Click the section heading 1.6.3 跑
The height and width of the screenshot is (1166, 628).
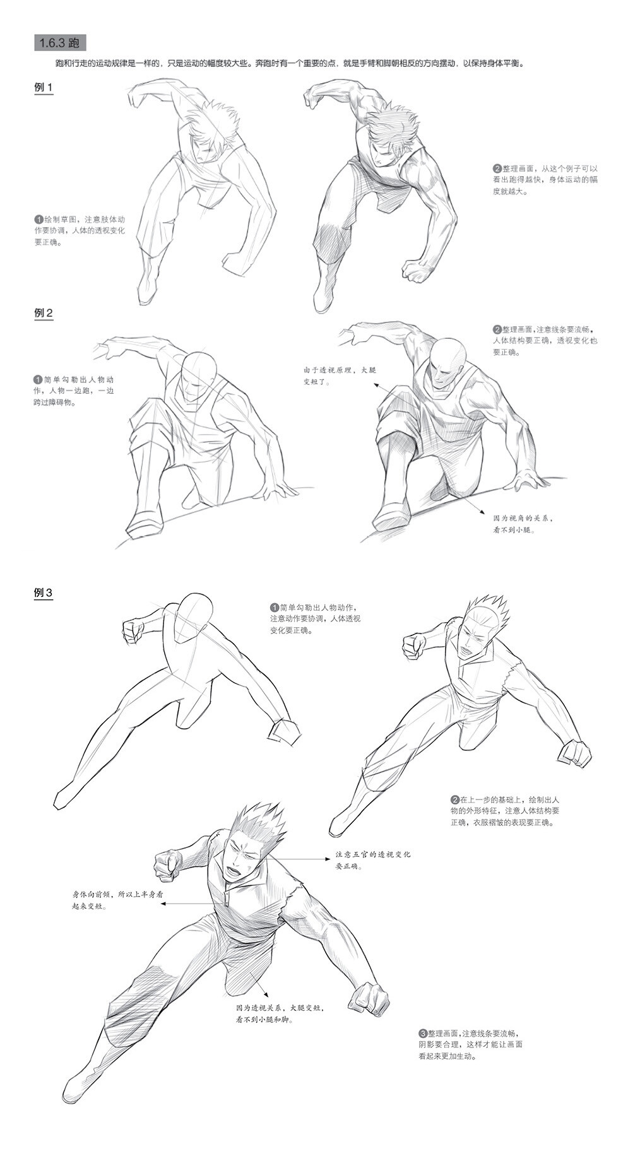click(59, 44)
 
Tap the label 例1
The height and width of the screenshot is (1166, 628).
click(43, 88)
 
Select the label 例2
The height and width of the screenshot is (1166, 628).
click(43, 313)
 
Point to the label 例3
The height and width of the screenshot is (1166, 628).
click(43, 593)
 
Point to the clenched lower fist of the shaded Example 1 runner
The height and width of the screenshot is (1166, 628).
click(417, 270)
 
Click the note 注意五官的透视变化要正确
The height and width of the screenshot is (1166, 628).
click(373, 859)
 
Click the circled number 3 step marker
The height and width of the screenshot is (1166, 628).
click(423, 1033)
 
